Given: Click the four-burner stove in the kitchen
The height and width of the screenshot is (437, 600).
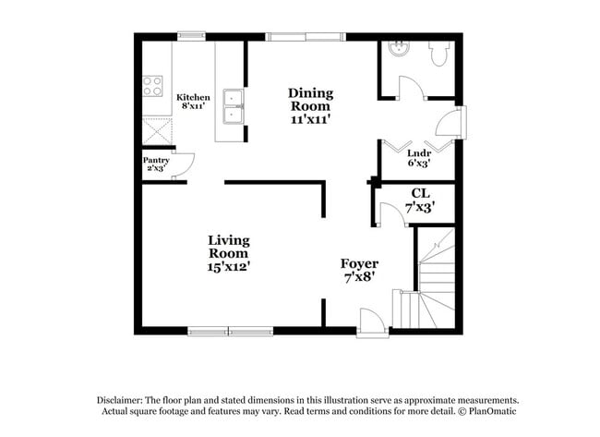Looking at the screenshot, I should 152,87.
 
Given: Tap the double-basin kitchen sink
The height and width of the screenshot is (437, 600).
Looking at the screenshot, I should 233,106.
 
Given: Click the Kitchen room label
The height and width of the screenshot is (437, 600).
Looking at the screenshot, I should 194,97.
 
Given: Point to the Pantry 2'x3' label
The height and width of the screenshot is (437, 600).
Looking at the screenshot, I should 156,164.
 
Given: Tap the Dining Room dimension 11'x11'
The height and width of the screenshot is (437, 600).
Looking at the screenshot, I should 310,119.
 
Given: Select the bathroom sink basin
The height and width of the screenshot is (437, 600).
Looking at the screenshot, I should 400,50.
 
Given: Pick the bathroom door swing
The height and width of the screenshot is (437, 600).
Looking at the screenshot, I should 409,87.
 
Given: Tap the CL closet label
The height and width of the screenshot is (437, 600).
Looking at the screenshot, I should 420,193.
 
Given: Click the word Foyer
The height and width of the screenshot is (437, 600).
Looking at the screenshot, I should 359,263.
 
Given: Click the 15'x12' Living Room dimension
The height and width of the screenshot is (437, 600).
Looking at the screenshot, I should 228,266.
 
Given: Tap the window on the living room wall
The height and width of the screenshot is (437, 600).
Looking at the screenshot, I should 228,331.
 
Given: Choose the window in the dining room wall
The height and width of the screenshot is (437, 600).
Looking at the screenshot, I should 303,37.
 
